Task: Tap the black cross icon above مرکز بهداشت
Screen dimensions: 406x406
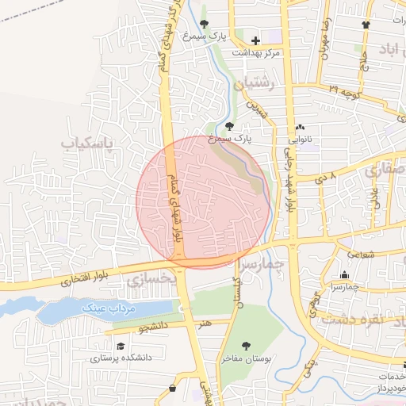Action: point(255,40)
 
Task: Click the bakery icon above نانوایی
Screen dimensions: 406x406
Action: point(300,127)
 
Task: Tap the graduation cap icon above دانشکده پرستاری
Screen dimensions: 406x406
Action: point(121,347)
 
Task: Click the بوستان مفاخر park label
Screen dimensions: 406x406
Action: point(248,359)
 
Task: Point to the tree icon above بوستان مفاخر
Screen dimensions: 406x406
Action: point(247,346)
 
